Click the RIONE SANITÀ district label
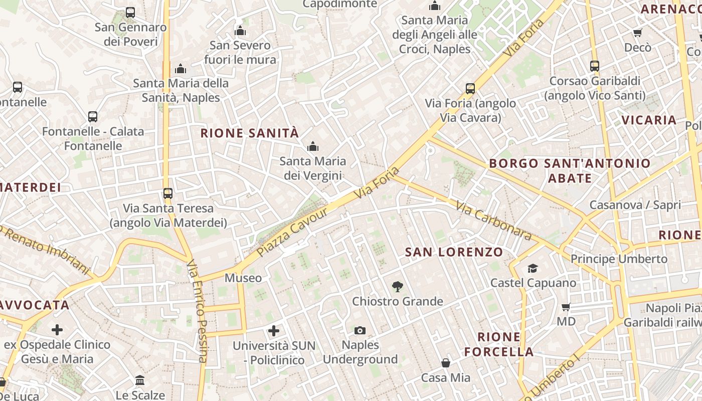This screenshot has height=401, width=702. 250,133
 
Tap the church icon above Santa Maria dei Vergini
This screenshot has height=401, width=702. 313,146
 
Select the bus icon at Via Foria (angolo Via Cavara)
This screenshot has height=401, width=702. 470,89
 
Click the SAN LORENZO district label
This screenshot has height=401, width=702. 454,252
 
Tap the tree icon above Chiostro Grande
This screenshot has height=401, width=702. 398,287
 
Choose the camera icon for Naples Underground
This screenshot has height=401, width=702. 360,330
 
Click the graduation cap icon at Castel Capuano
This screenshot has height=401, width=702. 533,269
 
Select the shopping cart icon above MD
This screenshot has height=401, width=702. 566,307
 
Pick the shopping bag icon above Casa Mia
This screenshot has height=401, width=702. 445,363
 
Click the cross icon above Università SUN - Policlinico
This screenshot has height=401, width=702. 274,331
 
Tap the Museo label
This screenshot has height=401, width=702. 243,278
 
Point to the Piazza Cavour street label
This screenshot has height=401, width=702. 292,232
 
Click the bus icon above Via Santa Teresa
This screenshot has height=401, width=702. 168,193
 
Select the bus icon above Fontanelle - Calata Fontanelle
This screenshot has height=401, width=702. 93,117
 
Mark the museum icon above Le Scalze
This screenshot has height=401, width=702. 140,380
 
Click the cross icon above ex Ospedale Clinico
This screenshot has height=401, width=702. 57,330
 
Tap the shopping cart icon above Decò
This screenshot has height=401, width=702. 637,33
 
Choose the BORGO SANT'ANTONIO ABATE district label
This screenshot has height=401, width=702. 570,170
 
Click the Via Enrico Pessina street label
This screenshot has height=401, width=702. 197,311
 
